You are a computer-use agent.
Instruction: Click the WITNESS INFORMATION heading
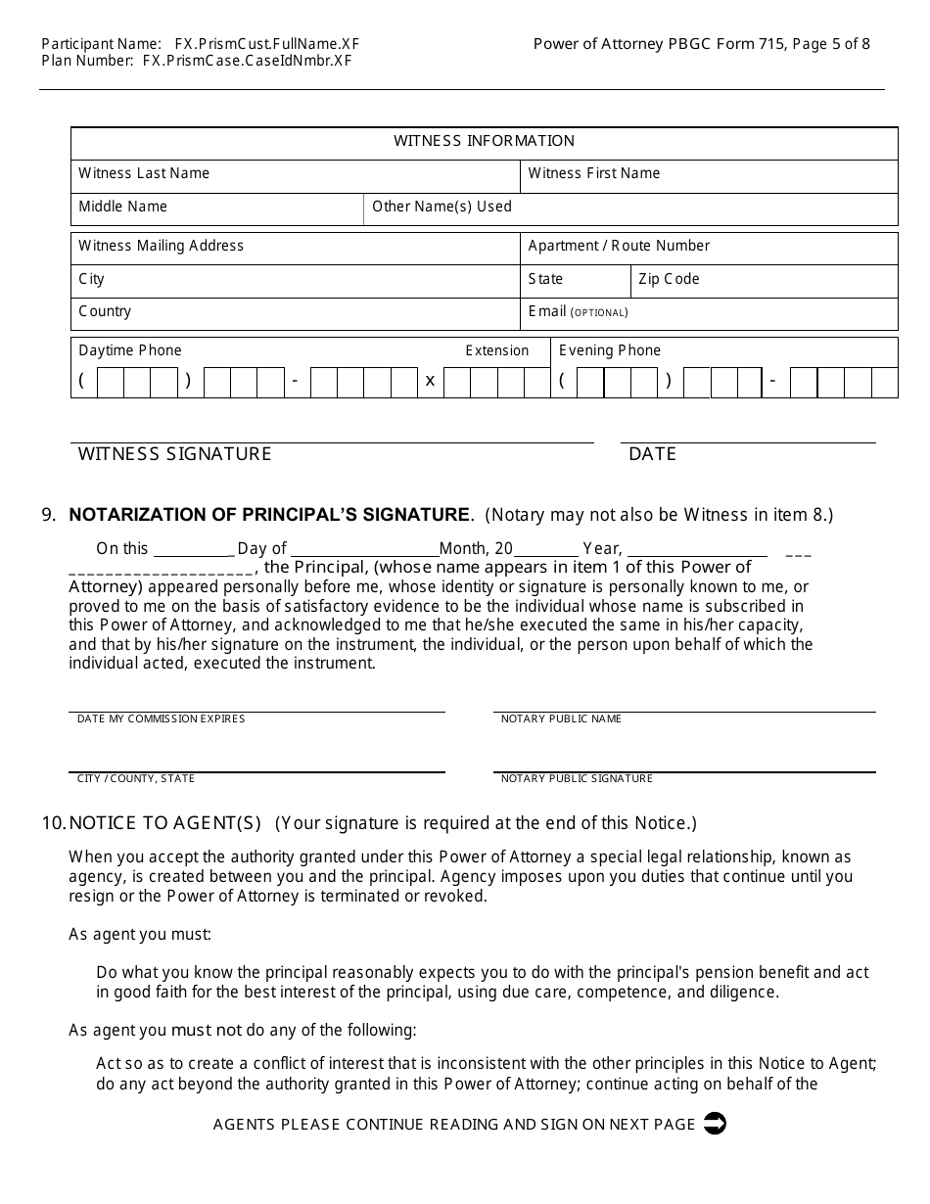click(x=484, y=141)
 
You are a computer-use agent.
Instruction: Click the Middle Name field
click(x=217, y=208)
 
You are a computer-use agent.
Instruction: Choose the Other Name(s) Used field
click(x=630, y=208)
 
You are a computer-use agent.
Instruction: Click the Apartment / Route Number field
click(x=709, y=248)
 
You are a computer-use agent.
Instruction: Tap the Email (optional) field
click(x=709, y=313)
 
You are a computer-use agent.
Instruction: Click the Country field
click(x=295, y=313)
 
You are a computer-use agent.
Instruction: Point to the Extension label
click(x=496, y=350)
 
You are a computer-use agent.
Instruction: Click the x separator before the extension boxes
click(x=430, y=381)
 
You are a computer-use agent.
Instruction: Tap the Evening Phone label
click(x=610, y=350)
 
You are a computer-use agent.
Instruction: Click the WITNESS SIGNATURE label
click(x=175, y=454)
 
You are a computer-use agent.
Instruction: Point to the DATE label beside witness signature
click(x=652, y=454)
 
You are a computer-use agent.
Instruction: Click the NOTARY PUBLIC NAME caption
click(x=561, y=719)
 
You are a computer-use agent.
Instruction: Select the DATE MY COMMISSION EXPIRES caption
click(x=161, y=719)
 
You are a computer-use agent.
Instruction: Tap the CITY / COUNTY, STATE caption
click(x=136, y=779)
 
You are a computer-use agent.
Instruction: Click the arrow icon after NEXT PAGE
click(x=715, y=1124)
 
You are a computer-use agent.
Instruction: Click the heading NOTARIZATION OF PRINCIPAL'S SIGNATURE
click(x=270, y=515)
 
